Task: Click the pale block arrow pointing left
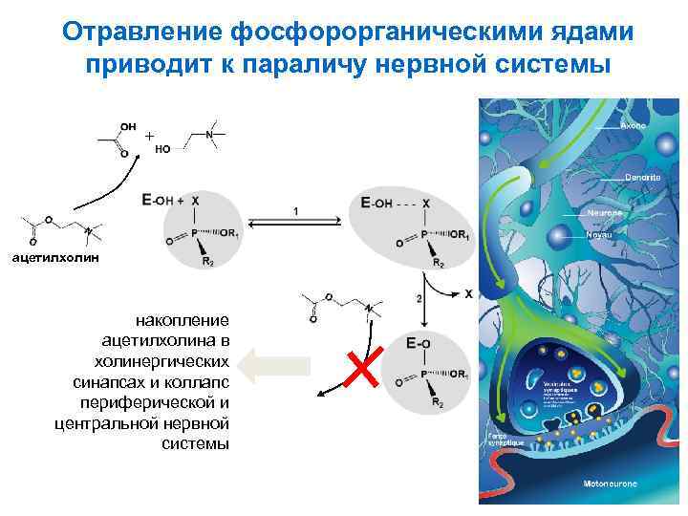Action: (x=276, y=365)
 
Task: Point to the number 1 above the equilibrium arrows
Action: (x=295, y=210)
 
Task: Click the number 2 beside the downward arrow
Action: (x=419, y=299)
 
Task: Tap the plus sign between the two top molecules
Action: (x=149, y=137)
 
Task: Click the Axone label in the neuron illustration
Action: (x=634, y=125)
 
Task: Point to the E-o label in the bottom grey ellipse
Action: (x=418, y=342)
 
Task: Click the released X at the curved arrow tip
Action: (x=469, y=294)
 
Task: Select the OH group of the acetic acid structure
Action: (x=128, y=125)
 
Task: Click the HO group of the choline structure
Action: (x=163, y=149)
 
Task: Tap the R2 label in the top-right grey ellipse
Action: (x=438, y=262)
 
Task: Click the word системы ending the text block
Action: (x=196, y=443)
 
